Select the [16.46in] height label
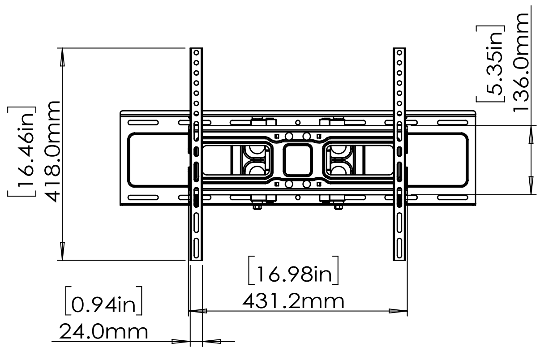pos(22,151)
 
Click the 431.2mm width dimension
pos(293,301)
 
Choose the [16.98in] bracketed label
pos(293,271)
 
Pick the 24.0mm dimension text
pos(103,332)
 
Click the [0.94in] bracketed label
pos(104,301)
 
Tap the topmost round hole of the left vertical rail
pos(196,52)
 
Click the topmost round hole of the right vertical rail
pos(399,52)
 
